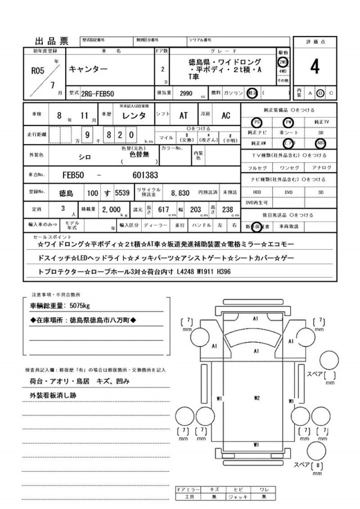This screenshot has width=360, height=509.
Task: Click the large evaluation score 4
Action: [314, 66]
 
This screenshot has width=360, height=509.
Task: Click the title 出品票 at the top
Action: [52, 40]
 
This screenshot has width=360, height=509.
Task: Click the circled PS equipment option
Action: [256, 122]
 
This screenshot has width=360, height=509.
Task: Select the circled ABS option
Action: [321, 142]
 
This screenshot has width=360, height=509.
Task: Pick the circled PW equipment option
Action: [289, 122]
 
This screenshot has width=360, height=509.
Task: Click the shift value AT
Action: [183, 115]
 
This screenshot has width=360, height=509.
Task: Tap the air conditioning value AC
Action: [225, 115]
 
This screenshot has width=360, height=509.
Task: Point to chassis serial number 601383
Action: [145, 175]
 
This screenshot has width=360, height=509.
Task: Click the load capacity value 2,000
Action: [112, 209]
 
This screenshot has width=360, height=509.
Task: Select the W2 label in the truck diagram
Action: [256, 399]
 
